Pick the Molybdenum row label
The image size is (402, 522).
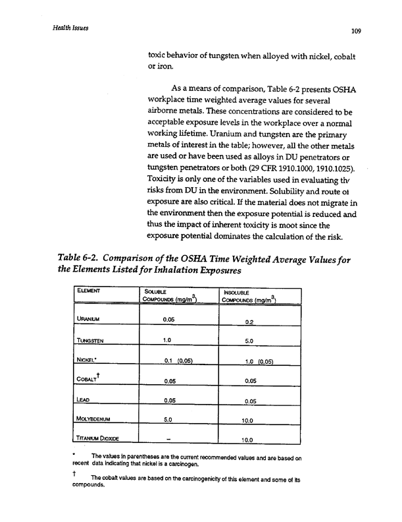[99, 418]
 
